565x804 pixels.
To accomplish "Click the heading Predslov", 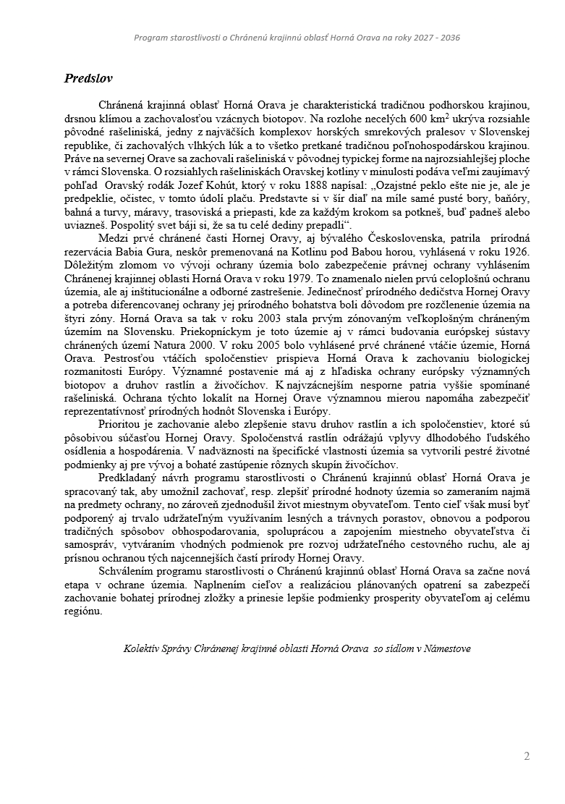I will tap(88, 78).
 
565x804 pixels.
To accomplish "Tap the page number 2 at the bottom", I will tap(527, 757).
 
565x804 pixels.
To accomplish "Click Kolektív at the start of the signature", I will tap(142, 648).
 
